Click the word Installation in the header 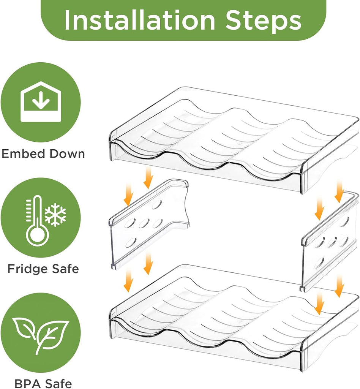(x=140, y=20)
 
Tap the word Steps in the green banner (x=263, y=22)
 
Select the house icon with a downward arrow (x=41, y=102)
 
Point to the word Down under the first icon (x=67, y=153)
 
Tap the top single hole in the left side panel (x=156, y=205)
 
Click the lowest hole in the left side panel (x=131, y=243)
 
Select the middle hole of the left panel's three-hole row (x=143, y=224)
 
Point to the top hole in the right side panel (x=345, y=222)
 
